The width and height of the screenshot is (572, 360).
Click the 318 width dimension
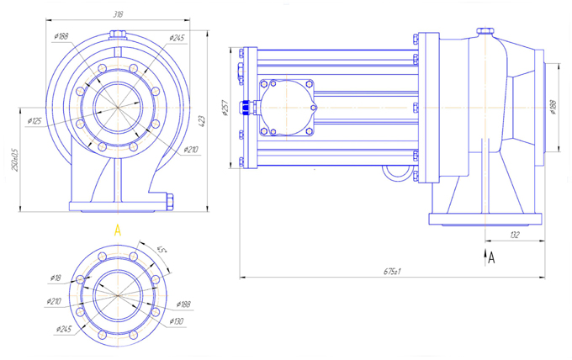[x=116, y=14]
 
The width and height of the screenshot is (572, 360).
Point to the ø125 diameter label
[x=34, y=121]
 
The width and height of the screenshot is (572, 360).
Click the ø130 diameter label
[x=176, y=321]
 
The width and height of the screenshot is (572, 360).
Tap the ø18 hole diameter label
[x=56, y=277]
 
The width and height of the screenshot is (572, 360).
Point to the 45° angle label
[x=162, y=249]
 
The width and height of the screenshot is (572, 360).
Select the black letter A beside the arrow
[x=492, y=259]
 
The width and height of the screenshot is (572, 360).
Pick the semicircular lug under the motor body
[x=395, y=172]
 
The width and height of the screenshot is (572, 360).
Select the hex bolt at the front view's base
[x=170, y=202]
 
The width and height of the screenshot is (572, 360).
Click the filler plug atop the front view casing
[x=118, y=34]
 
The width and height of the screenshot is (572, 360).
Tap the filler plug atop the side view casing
[x=485, y=32]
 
